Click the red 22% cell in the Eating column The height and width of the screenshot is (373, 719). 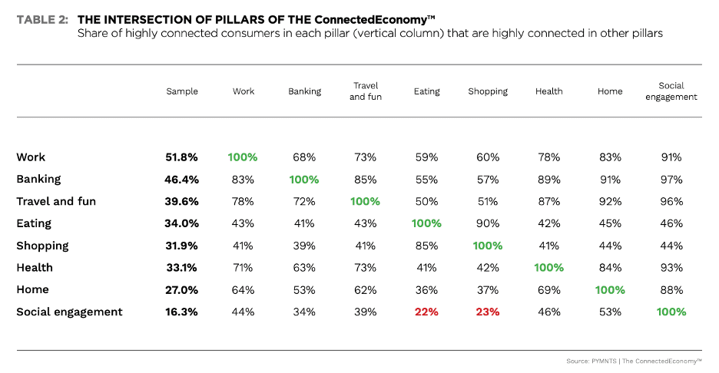click(x=427, y=312)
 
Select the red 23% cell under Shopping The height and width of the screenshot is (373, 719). click(x=488, y=312)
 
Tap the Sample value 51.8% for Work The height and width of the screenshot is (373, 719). click(x=182, y=157)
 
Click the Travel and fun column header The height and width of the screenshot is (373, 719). click(x=366, y=91)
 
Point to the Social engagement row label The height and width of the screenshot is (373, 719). click(x=69, y=312)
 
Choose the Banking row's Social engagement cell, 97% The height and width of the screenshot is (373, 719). click(x=671, y=180)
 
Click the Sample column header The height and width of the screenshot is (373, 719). click(x=182, y=91)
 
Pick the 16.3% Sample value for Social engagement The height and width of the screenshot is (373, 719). click(x=182, y=312)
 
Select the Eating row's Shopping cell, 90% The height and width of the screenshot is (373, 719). click(x=488, y=223)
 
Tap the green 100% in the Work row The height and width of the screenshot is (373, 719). click(x=243, y=157)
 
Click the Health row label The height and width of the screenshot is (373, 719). click(x=35, y=268)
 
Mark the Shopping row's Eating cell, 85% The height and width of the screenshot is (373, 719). click(x=427, y=246)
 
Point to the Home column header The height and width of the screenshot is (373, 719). click(x=610, y=91)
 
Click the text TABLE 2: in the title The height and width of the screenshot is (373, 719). click(x=44, y=20)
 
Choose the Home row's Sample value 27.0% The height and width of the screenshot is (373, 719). click(x=182, y=289)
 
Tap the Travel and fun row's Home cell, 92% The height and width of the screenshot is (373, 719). click(x=610, y=201)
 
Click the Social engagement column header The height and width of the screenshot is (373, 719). click(x=671, y=91)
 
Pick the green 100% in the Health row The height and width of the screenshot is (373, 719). click(x=549, y=268)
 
